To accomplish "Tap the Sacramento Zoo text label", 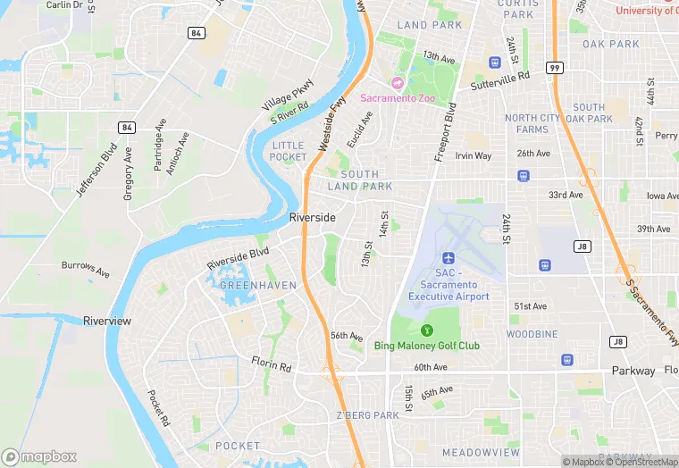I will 398,98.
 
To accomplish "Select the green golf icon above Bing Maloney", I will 426,330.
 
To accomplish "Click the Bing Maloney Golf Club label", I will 426,346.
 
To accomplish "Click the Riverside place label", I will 313,218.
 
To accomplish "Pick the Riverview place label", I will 107,321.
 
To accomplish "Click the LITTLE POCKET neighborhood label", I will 289,151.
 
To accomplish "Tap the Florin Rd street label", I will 272,366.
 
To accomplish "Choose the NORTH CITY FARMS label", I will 533,123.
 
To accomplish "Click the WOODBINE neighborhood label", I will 532,334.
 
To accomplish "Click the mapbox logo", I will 39,456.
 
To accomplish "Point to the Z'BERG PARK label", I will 367,415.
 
